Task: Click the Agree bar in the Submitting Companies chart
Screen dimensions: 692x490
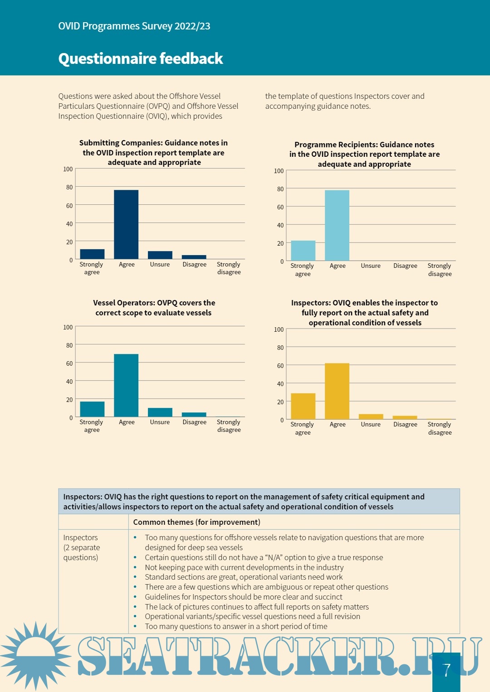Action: [x=126, y=224]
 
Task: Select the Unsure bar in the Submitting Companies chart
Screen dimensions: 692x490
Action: [x=160, y=255]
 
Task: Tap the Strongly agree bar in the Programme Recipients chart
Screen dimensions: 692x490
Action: [x=303, y=251]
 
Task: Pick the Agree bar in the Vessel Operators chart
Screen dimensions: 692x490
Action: [x=126, y=385]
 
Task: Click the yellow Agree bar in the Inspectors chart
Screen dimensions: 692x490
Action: [x=337, y=391]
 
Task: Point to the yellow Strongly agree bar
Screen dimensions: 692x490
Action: [x=303, y=406]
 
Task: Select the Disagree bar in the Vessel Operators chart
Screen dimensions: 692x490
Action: [x=194, y=414]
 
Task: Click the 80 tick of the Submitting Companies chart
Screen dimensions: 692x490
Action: [x=69, y=187]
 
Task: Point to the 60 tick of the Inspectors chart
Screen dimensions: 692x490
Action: [x=280, y=366]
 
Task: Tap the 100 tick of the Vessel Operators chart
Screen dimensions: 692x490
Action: [x=68, y=327]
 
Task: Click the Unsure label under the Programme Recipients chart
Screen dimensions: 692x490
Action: [x=371, y=266]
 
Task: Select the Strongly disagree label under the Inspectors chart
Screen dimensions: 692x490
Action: [x=440, y=428]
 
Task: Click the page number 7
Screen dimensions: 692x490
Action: [x=447, y=670]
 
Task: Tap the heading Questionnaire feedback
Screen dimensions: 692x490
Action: [x=141, y=58]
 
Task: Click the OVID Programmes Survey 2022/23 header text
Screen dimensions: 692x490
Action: [x=134, y=26]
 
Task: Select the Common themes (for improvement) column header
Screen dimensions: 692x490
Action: [x=197, y=522]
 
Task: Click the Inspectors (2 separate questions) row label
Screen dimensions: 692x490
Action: [x=82, y=547]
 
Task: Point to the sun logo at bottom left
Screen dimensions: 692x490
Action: [x=35, y=655]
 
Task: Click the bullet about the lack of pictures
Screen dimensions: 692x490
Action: [x=257, y=607]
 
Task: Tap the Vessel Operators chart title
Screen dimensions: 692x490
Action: [x=154, y=308]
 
